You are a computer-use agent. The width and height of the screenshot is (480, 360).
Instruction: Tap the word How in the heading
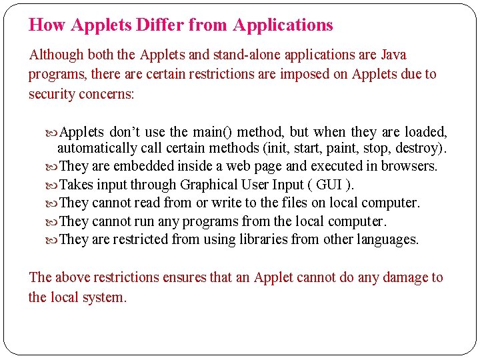pos(47,25)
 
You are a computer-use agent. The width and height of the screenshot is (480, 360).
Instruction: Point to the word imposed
pos(305,74)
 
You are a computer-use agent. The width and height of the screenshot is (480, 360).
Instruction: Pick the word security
pos(51,94)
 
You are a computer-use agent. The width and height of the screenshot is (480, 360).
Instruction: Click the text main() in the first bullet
pos(214,132)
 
